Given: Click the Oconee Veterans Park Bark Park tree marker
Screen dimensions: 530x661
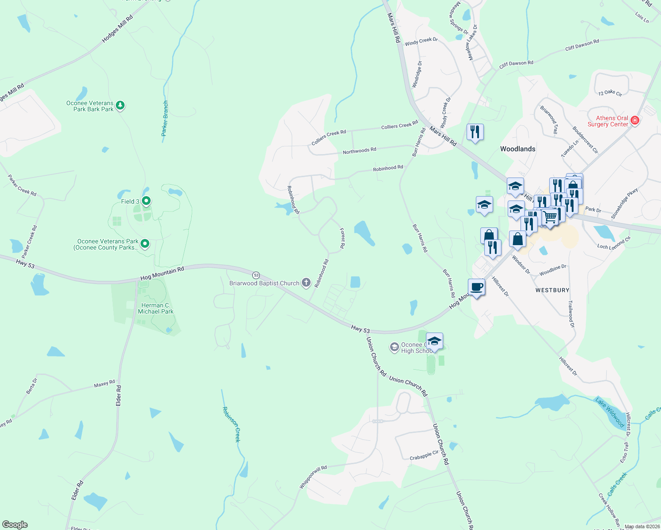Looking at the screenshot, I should [120, 106].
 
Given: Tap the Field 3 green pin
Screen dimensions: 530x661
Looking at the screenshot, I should [146, 201].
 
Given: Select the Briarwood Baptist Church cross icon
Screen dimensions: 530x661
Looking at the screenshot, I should [306, 283].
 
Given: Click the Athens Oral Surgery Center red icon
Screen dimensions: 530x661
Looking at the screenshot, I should [635, 120].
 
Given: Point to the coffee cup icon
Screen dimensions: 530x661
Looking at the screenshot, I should [476, 287].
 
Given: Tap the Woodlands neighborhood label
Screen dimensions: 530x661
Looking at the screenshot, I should [517, 149].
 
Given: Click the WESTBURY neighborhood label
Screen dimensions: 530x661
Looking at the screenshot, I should [552, 290].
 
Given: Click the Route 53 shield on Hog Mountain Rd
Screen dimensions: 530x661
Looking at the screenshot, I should [256, 275].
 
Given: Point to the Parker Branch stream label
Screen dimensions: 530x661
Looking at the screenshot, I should [165, 118].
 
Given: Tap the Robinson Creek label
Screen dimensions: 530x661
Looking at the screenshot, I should [232, 424].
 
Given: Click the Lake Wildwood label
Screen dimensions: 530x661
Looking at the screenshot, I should [610, 413].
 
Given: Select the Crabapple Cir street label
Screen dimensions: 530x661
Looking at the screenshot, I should [424, 455].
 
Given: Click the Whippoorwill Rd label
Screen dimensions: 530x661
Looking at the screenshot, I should [313, 477].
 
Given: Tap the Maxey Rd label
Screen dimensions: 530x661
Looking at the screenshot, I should [104, 384].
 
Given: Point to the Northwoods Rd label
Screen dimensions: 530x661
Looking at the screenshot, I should [359, 151].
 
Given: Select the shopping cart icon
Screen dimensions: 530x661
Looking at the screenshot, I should [550, 217].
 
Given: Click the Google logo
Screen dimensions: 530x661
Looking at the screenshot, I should [15, 525].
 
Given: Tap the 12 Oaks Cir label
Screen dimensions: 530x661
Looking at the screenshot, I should [610, 93].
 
